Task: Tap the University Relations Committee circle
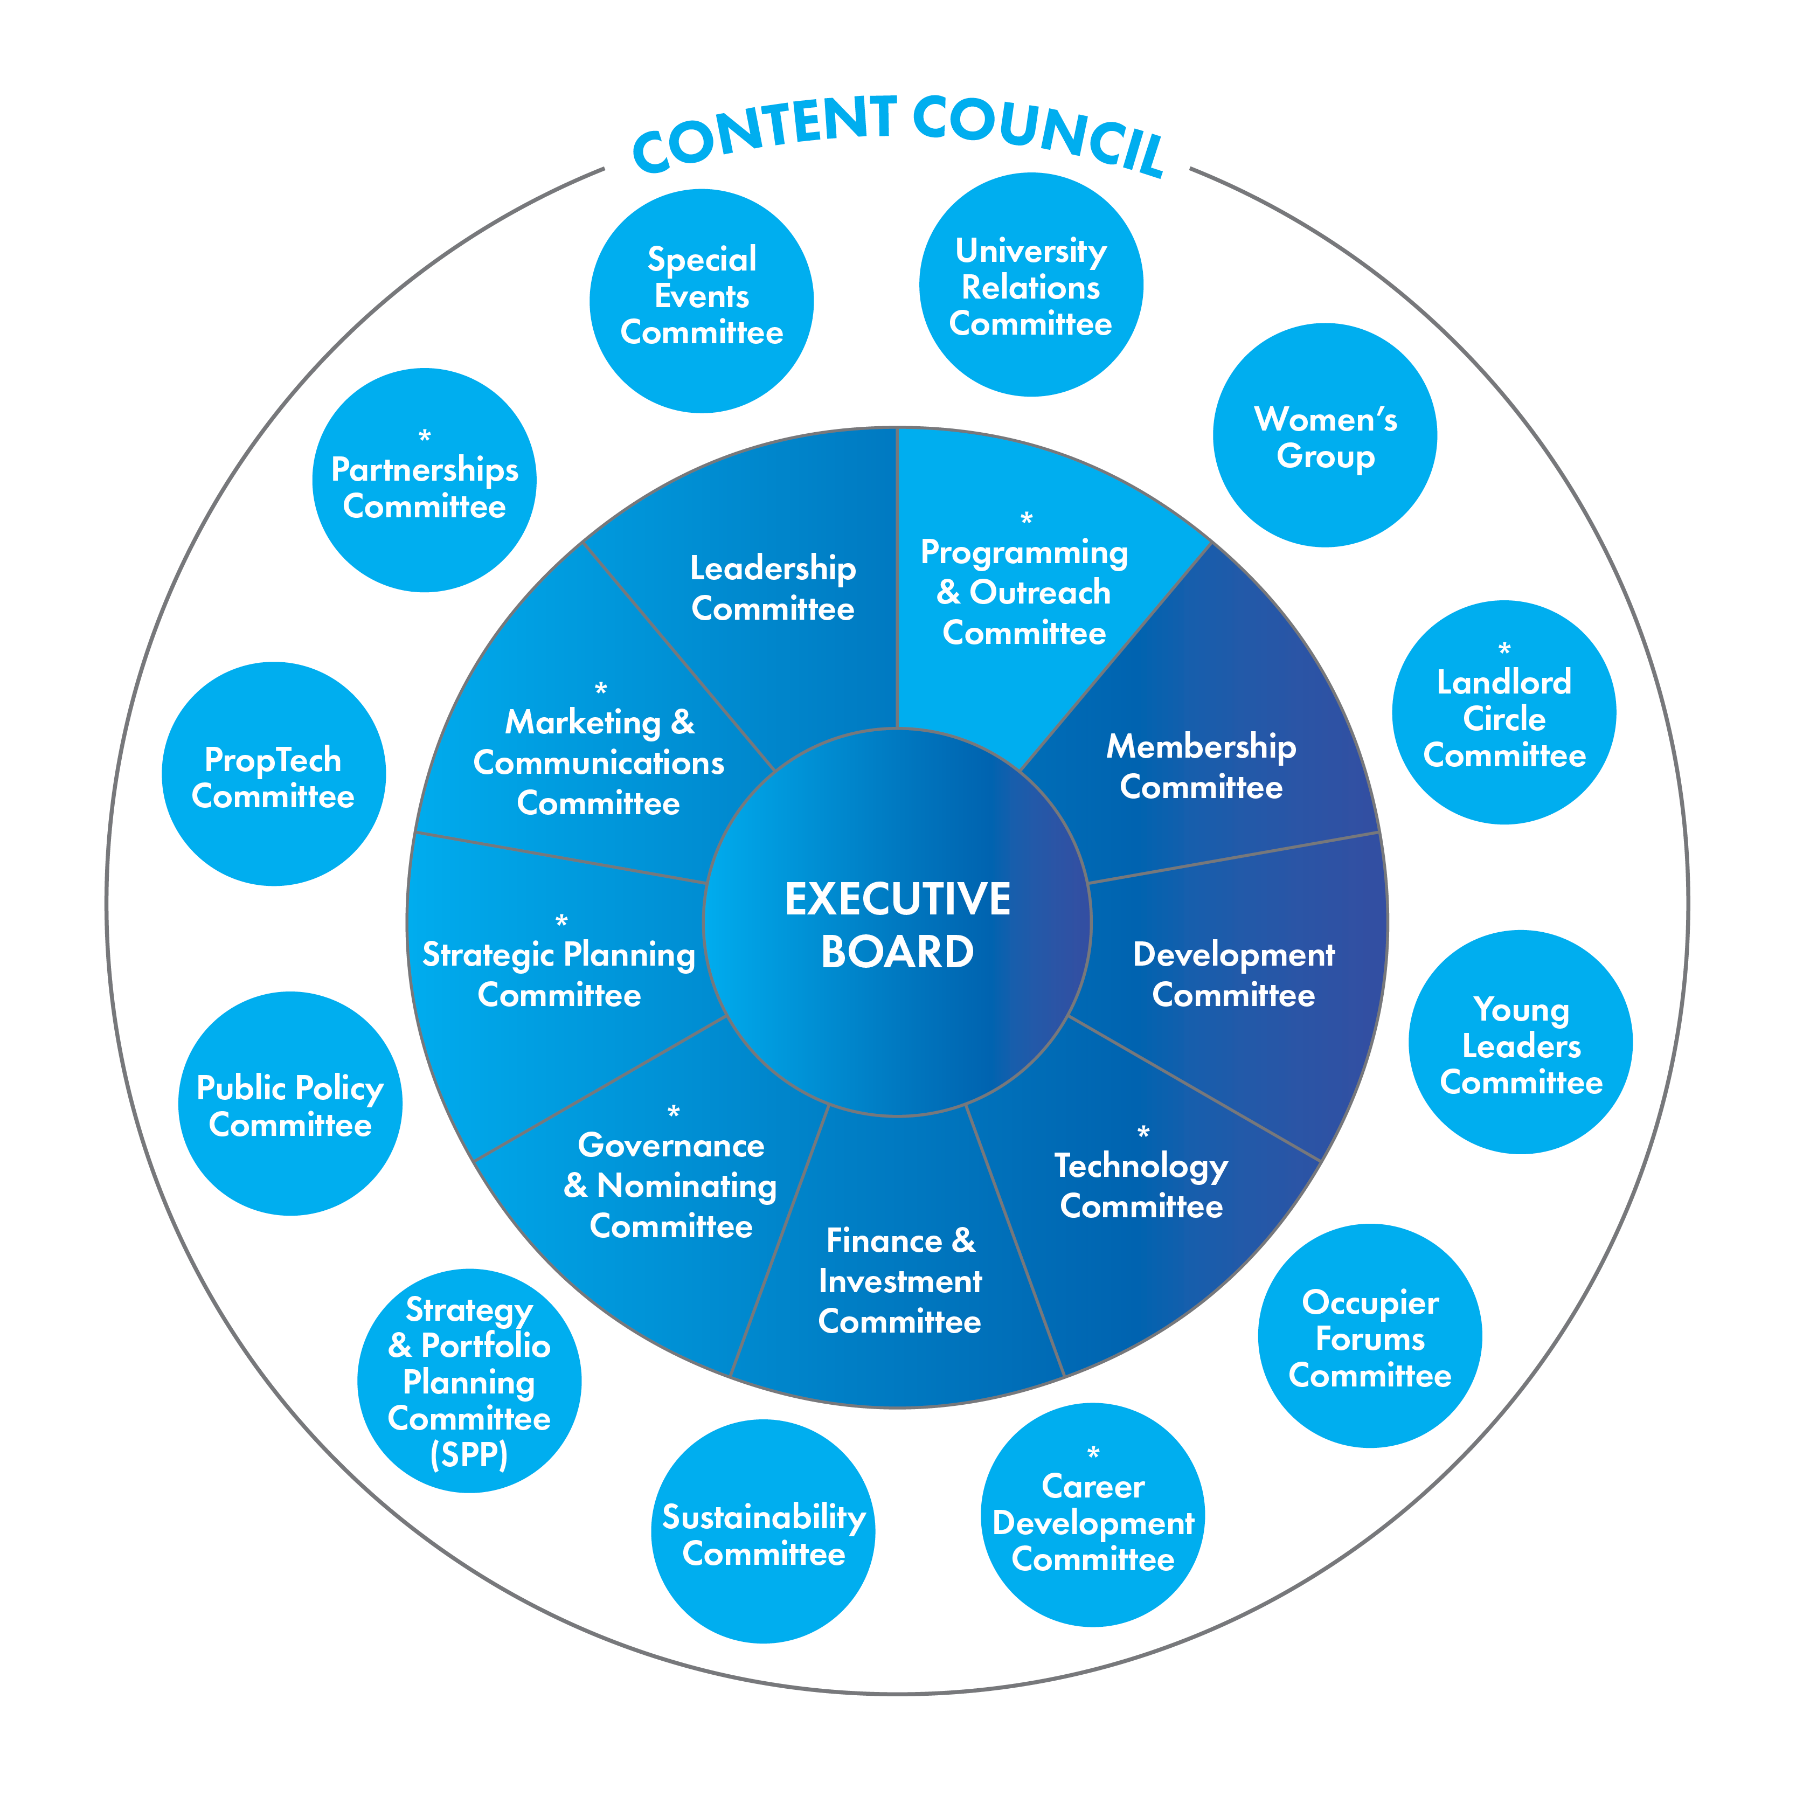pyautogui.click(x=1031, y=285)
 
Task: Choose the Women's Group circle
pyautogui.click(x=1325, y=435)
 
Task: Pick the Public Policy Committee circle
pyautogui.click(x=290, y=1104)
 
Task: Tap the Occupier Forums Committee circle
pyautogui.click(x=1369, y=1336)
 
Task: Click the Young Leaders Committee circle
pyautogui.click(x=1521, y=1042)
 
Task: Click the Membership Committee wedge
pyautogui.click(x=1201, y=766)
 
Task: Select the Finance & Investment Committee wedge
pyautogui.click(x=900, y=1280)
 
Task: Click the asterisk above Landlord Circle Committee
pyautogui.click(x=1504, y=648)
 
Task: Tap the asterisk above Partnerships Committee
pyautogui.click(x=425, y=435)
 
